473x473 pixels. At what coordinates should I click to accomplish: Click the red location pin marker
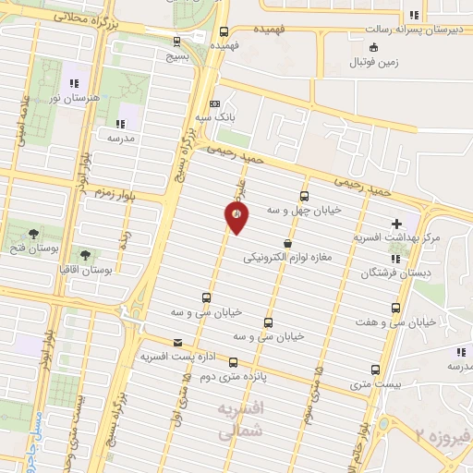point(236,217)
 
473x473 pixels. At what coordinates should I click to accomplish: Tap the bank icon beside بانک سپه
point(214,103)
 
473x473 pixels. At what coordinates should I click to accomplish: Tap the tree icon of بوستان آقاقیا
point(85,253)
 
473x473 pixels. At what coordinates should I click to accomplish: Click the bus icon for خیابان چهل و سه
point(304,196)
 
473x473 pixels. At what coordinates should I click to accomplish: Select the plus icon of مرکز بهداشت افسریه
point(397,223)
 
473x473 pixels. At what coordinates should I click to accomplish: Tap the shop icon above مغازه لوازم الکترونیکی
point(288,244)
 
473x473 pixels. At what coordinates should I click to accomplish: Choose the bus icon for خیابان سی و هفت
point(395,308)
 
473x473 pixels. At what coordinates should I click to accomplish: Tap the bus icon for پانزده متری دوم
point(233,362)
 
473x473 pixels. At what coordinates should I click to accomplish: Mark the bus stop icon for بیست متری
point(374,368)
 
